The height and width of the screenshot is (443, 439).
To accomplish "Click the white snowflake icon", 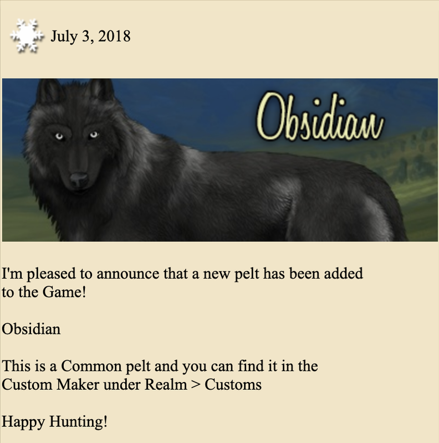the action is click(27, 36).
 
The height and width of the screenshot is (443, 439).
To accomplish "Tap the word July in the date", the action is click(64, 37).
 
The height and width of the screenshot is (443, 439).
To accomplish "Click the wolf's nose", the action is click(79, 179).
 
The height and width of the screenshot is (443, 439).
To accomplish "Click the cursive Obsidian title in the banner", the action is click(320, 116).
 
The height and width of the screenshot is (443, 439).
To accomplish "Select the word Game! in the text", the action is click(64, 292).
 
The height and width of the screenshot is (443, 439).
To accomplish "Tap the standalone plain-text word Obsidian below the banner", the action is click(31, 329).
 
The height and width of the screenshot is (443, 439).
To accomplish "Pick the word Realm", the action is click(166, 384).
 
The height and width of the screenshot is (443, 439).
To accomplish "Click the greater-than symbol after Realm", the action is click(196, 385).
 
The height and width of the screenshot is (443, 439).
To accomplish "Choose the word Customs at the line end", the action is click(233, 384).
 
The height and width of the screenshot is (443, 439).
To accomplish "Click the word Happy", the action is click(23, 423).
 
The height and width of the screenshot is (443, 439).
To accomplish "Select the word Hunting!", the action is click(78, 423).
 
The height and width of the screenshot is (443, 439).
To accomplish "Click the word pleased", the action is click(52, 274).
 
